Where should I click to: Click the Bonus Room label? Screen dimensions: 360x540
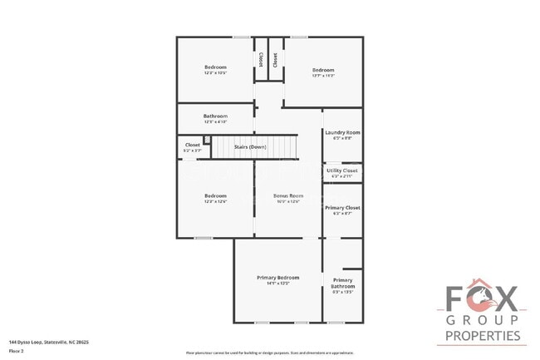click(288, 195)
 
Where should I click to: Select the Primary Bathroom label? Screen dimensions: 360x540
click(342, 284)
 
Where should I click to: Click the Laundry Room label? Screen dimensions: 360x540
click(342, 133)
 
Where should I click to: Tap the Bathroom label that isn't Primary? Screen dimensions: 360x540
click(215, 116)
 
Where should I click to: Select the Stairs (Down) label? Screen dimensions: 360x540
click(250, 146)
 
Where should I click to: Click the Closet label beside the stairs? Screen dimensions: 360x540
click(192, 145)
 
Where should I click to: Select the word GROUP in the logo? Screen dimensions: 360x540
click(483, 320)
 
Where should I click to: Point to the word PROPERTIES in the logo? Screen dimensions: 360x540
click(483, 336)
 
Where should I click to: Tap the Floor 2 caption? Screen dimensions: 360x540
click(16, 351)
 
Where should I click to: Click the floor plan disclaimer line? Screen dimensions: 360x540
click(274, 353)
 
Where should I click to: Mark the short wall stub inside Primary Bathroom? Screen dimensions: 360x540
click(352, 269)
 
